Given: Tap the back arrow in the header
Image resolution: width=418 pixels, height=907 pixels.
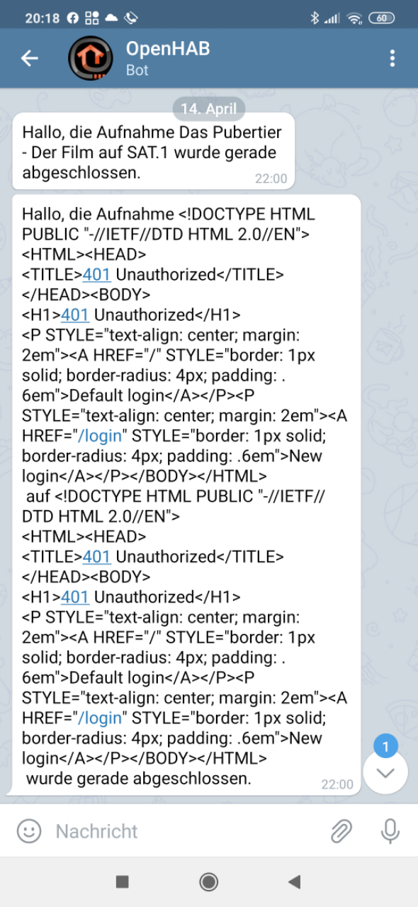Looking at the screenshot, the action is [x=30, y=58].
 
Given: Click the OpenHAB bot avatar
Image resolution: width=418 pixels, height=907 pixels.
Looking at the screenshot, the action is [x=90, y=58].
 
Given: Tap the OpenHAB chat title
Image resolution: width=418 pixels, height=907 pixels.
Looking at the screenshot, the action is [x=168, y=49].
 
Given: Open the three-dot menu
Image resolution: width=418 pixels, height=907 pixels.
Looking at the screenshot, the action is [x=392, y=58].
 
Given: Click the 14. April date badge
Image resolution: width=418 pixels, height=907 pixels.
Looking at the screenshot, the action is [x=208, y=108].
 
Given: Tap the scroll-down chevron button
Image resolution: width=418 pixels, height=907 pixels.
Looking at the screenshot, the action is [x=385, y=773].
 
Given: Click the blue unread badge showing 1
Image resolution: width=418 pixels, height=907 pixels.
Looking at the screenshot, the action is [x=385, y=746].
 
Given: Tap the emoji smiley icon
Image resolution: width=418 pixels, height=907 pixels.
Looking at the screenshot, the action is [x=29, y=831].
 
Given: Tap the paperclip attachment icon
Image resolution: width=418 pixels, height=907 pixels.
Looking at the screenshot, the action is [x=341, y=831].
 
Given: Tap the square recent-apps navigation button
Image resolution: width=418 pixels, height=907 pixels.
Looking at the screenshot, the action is [x=123, y=881].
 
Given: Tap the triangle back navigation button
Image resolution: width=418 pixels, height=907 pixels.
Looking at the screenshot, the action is [x=295, y=881].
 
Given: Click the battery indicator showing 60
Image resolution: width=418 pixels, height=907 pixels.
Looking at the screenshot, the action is [x=381, y=18].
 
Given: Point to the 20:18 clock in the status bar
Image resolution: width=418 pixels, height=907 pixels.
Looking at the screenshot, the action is [x=42, y=18].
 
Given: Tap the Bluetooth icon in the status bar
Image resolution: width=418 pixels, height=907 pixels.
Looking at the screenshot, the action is [x=315, y=18].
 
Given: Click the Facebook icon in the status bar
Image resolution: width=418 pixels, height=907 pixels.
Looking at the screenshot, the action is [x=72, y=18].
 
